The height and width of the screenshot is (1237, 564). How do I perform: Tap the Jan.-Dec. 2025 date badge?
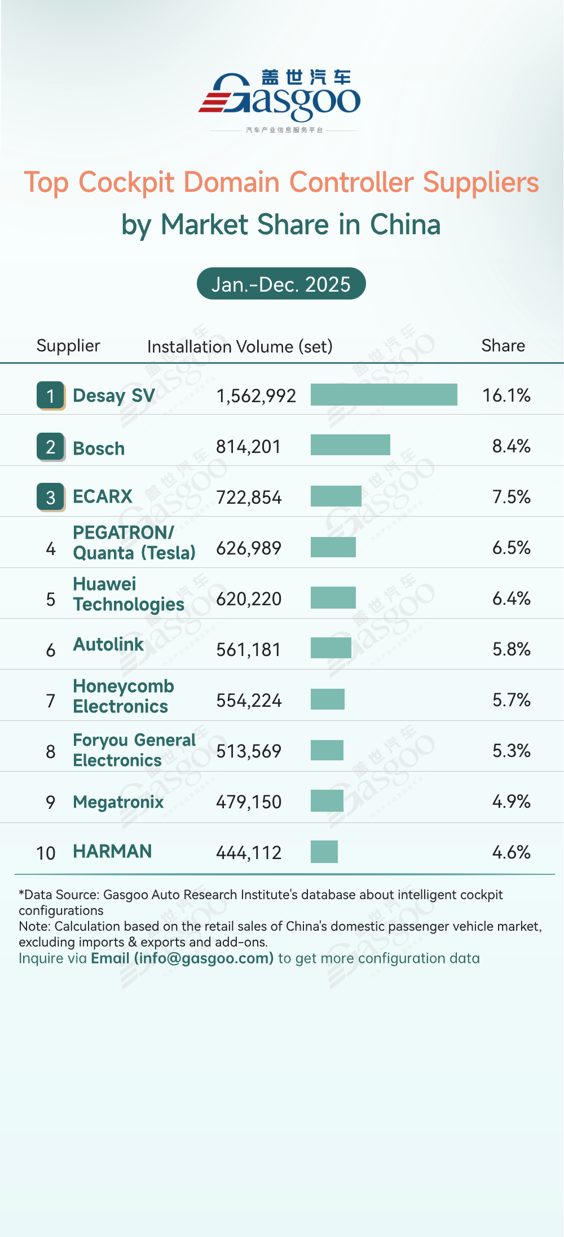click(281, 284)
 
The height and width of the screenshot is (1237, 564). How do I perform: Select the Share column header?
click(503, 345)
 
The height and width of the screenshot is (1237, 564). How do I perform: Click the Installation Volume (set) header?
click(240, 346)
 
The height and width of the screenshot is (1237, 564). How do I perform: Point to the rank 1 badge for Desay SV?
click(51, 395)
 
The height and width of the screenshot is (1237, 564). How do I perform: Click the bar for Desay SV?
click(384, 394)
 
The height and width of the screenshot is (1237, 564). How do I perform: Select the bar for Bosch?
click(350, 444)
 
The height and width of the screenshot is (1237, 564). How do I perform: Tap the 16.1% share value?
click(506, 395)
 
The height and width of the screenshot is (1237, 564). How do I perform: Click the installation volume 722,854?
click(249, 498)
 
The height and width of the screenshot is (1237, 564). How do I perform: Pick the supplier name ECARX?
click(103, 496)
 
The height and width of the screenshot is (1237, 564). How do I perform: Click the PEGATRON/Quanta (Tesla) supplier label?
click(134, 543)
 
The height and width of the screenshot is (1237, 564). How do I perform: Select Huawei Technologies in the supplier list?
click(129, 594)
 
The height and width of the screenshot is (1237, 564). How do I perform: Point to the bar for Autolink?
click(331, 648)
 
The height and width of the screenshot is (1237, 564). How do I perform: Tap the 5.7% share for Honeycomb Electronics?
click(511, 700)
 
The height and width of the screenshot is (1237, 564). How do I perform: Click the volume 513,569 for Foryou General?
click(249, 751)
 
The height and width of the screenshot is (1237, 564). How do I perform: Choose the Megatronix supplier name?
click(118, 802)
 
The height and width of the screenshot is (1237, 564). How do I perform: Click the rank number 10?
click(46, 853)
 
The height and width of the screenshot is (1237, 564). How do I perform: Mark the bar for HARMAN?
click(324, 852)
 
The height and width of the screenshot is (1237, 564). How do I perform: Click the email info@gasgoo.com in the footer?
click(182, 958)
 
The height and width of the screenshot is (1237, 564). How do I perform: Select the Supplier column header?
click(68, 345)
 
